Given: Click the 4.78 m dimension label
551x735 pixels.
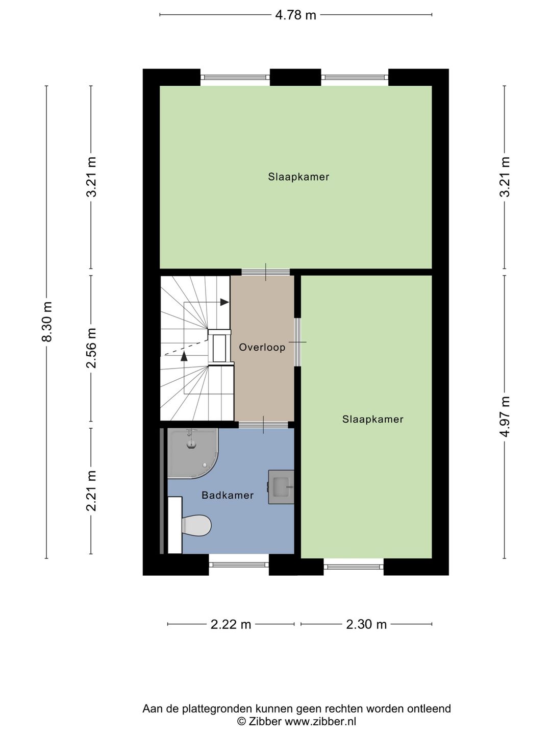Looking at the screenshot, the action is [295, 15].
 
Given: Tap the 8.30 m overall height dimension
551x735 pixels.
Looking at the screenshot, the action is [47, 322].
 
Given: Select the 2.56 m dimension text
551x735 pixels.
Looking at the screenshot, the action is [91, 348].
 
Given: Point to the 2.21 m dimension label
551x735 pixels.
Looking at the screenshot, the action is [91, 491].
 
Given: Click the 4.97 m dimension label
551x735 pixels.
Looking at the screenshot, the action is [505, 416].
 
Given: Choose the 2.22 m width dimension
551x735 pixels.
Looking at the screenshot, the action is [231, 625].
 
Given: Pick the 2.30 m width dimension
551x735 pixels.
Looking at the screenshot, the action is [366, 625].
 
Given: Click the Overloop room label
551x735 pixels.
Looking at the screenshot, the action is [262, 347].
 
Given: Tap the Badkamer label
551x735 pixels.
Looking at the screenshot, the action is [228, 495].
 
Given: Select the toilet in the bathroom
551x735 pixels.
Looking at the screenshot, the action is [190, 525].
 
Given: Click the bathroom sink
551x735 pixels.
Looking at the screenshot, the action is [281, 487].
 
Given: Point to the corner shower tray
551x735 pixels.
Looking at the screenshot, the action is [193, 453].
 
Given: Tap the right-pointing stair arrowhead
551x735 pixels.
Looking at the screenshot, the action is [224, 302].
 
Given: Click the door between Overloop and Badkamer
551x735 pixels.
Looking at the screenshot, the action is [263, 425].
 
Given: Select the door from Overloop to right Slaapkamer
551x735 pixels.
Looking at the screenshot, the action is [297, 342].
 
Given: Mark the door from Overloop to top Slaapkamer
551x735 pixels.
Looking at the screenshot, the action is [266, 272].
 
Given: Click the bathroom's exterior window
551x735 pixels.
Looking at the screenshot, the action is [239, 564].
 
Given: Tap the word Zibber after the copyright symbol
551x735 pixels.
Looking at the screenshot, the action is [265, 722].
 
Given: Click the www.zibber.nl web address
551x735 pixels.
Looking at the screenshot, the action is [320, 722].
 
